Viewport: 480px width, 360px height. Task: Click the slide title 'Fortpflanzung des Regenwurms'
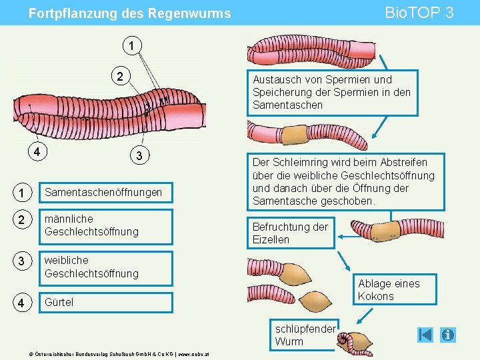130,13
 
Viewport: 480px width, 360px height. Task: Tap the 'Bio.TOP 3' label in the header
420,13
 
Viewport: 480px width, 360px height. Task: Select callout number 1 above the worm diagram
132,46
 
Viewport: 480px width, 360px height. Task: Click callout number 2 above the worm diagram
121,76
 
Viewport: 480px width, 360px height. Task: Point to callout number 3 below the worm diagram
138,156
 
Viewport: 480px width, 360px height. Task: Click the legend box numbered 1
23,193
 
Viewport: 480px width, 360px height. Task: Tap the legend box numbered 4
23,302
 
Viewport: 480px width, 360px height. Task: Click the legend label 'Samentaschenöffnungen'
103,193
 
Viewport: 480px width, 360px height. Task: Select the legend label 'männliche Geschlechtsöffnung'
91,225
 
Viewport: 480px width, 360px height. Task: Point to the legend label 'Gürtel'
59,302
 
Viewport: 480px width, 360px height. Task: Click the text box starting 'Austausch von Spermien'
331,92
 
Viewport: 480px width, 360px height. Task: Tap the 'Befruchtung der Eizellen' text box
290,233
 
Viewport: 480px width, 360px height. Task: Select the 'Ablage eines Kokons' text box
389,290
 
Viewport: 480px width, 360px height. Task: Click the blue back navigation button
425,335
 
